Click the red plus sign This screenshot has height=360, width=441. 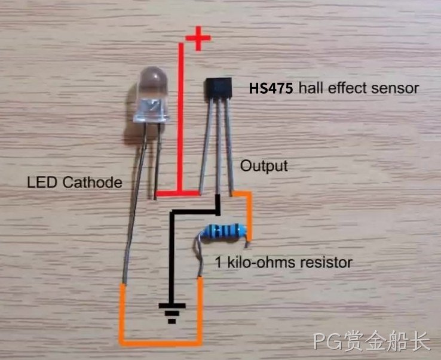198,38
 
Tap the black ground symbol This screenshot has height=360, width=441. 172,313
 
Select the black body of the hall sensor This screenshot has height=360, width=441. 218,88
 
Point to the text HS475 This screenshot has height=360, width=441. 271,88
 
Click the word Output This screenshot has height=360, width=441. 264,166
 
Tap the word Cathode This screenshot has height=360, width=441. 93,183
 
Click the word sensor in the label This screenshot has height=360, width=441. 395,88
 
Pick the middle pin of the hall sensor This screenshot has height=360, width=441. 218,147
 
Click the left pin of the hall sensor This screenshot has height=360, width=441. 206,146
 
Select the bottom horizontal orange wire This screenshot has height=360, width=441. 161,342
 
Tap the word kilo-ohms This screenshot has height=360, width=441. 261,262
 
